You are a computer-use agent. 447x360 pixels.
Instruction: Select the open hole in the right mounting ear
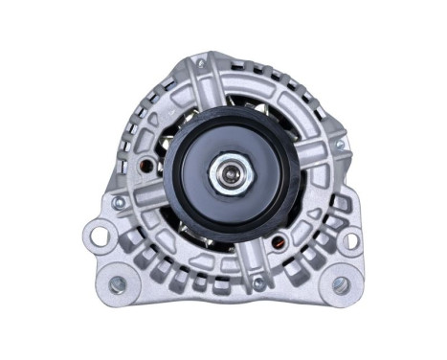click(350, 239)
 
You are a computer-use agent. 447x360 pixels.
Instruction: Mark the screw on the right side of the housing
click(339, 145)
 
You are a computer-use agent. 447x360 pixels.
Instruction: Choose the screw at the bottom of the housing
click(257, 283)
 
